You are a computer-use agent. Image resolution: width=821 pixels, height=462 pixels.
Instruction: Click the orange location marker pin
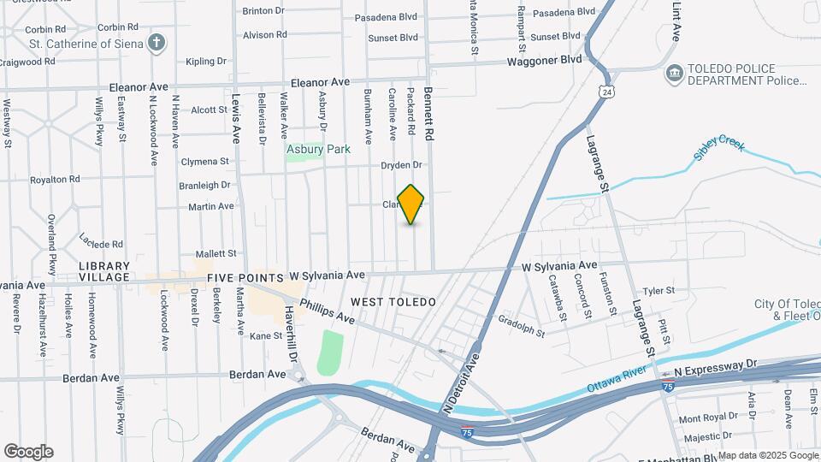pyautogui.click(x=411, y=204)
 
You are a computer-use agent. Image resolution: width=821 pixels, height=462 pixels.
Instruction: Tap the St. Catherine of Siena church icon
pyautogui.click(x=157, y=41)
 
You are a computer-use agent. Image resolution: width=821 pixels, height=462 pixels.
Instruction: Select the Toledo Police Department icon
pyautogui.click(x=674, y=74)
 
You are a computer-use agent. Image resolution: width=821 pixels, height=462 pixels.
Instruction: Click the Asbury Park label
pyautogui.click(x=318, y=149)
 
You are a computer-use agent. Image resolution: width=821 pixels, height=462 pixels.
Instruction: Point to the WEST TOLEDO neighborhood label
pyautogui.click(x=393, y=302)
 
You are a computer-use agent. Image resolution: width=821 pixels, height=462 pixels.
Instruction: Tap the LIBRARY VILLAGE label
pyautogui.click(x=104, y=271)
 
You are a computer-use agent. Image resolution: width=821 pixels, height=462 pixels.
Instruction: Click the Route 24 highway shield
pyautogui.click(x=605, y=92)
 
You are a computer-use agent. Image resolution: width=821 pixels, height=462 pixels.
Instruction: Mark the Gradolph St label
pyautogui.click(x=521, y=328)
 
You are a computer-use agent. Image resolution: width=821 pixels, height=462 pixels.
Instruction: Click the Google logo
pyautogui.click(x=28, y=452)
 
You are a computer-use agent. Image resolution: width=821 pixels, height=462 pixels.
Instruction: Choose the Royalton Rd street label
pyautogui.click(x=56, y=180)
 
